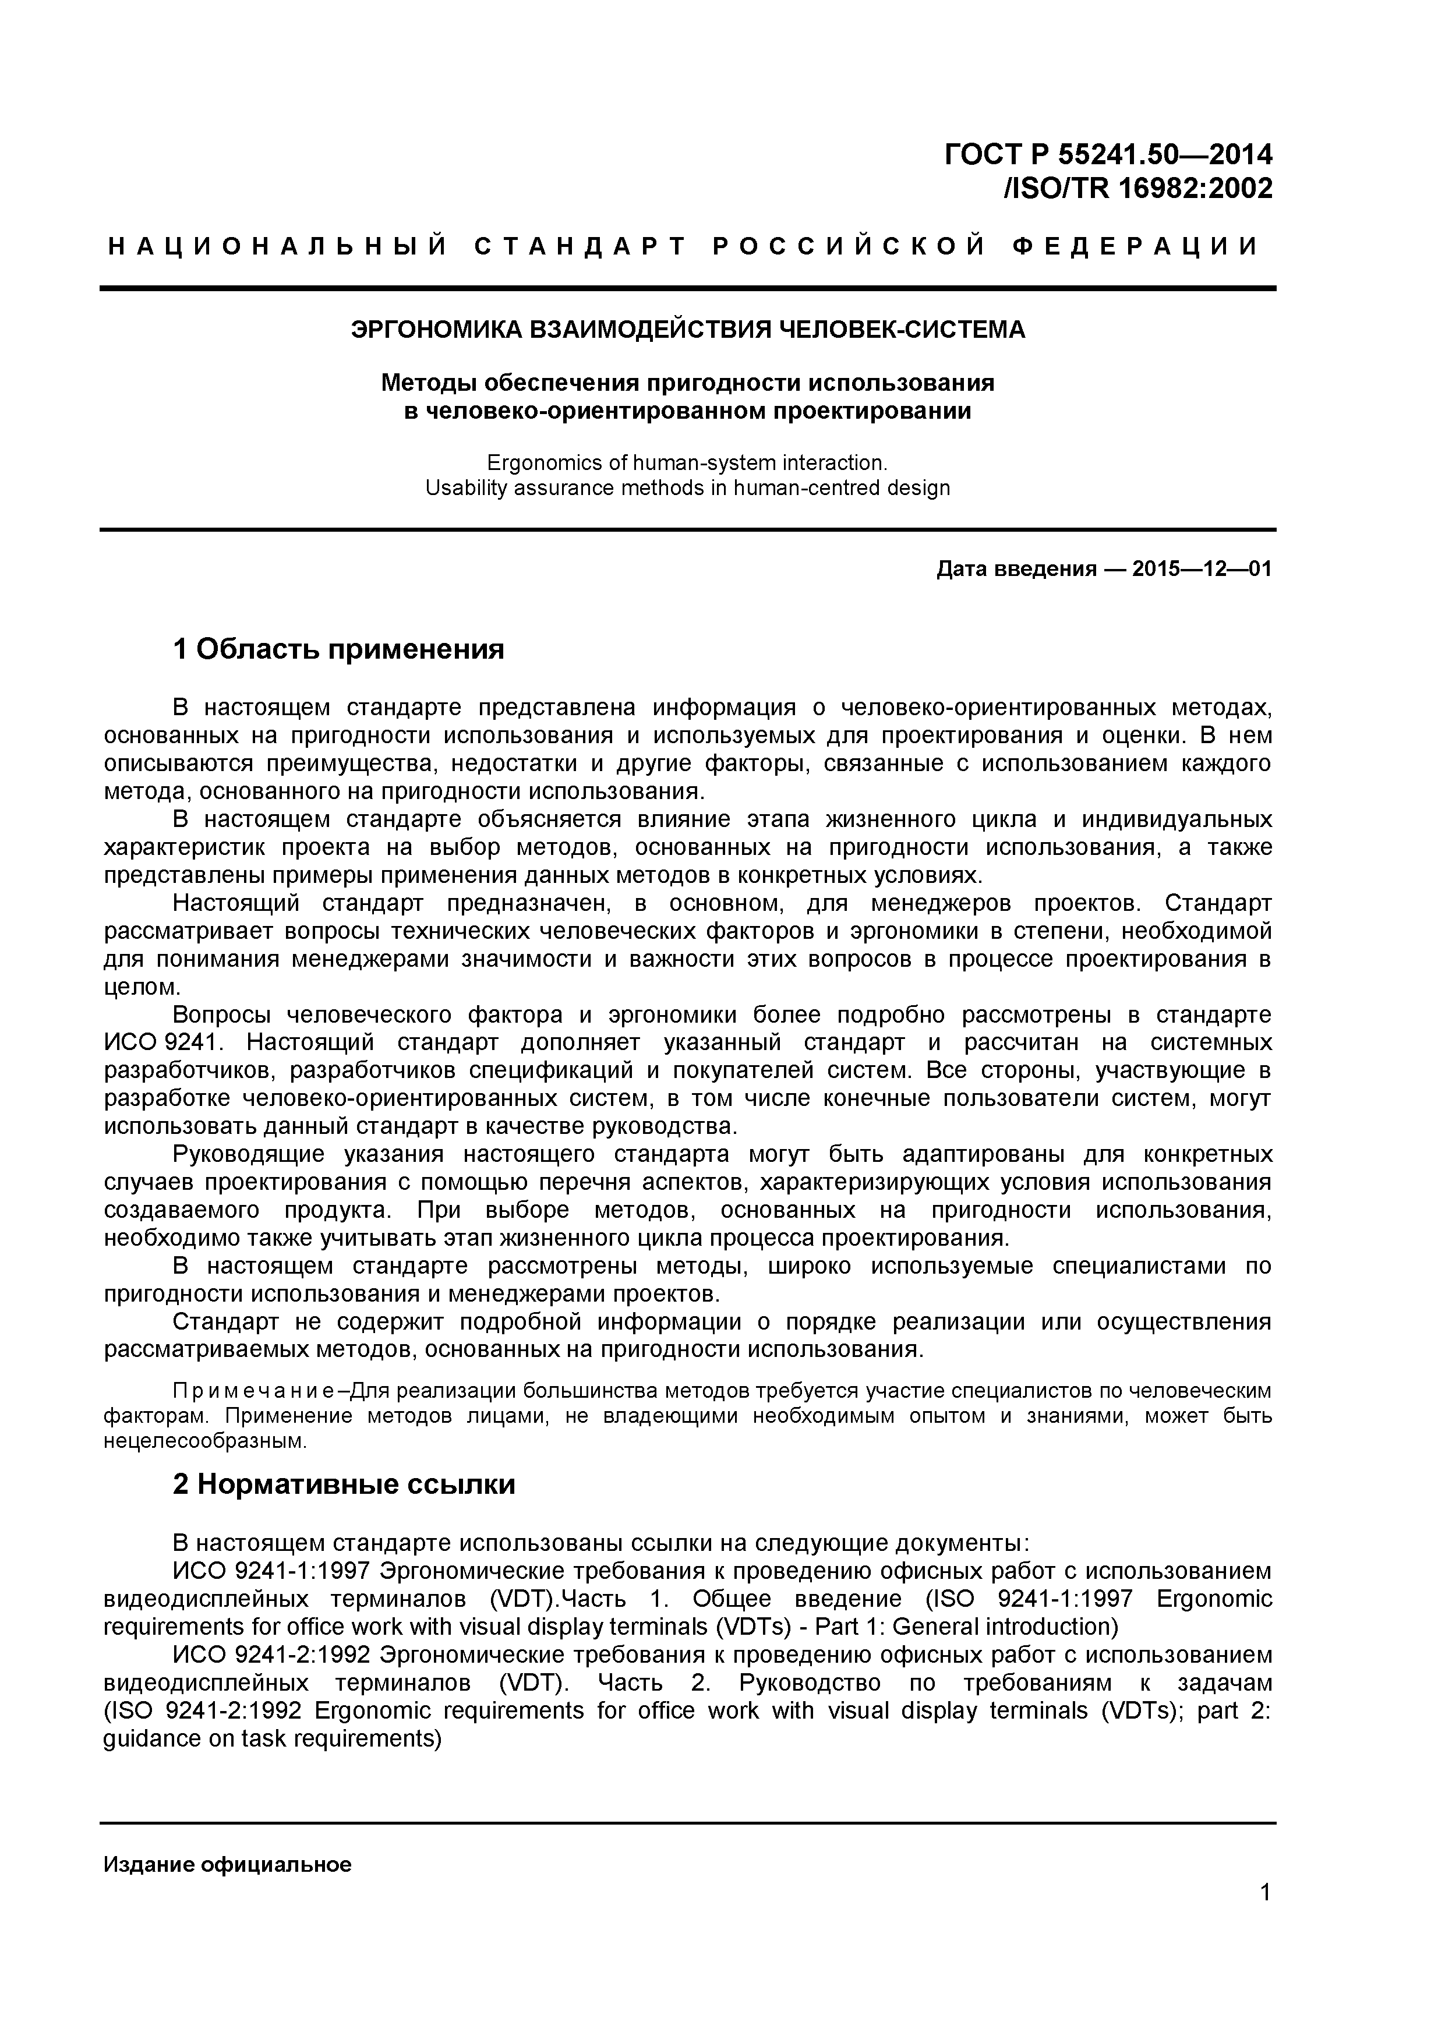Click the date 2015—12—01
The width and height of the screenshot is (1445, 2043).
tap(1201, 568)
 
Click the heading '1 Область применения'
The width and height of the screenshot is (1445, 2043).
tap(338, 649)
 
